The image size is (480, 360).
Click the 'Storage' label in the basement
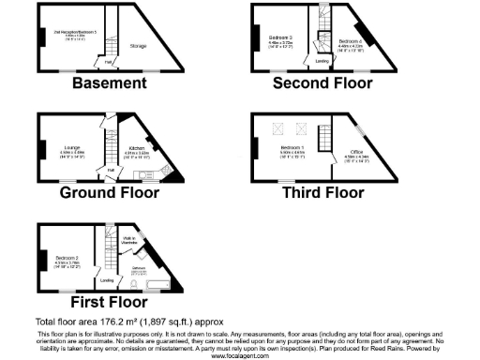138,46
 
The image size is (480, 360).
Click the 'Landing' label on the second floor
322,61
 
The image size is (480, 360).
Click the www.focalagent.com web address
240,356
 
